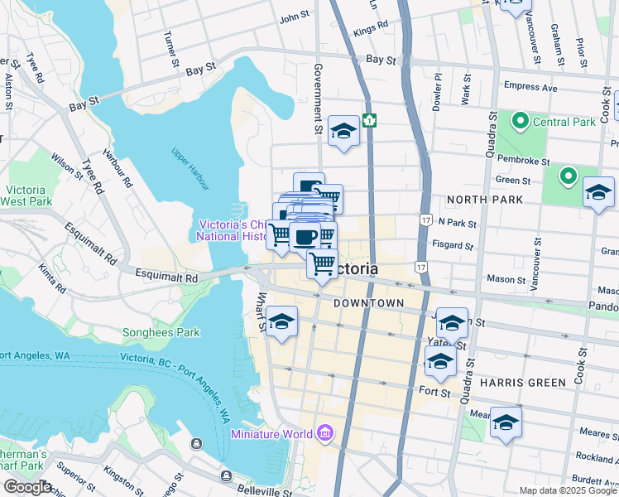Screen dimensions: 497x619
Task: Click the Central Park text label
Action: (x=564, y=123)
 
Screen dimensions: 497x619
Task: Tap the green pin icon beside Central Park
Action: (x=521, y=123)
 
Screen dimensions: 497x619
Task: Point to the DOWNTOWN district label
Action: (x=368, y=304)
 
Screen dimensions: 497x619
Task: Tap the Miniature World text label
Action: (x=271, y=434)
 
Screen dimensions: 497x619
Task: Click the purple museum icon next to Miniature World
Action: (x=325, y=433)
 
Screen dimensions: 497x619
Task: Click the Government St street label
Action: (x=317, y=99)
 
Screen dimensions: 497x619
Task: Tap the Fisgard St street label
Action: (x=455, y=245)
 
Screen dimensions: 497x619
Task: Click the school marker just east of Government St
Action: (x=343, y=132)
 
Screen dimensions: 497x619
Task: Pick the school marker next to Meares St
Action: (x=506, y=422)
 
